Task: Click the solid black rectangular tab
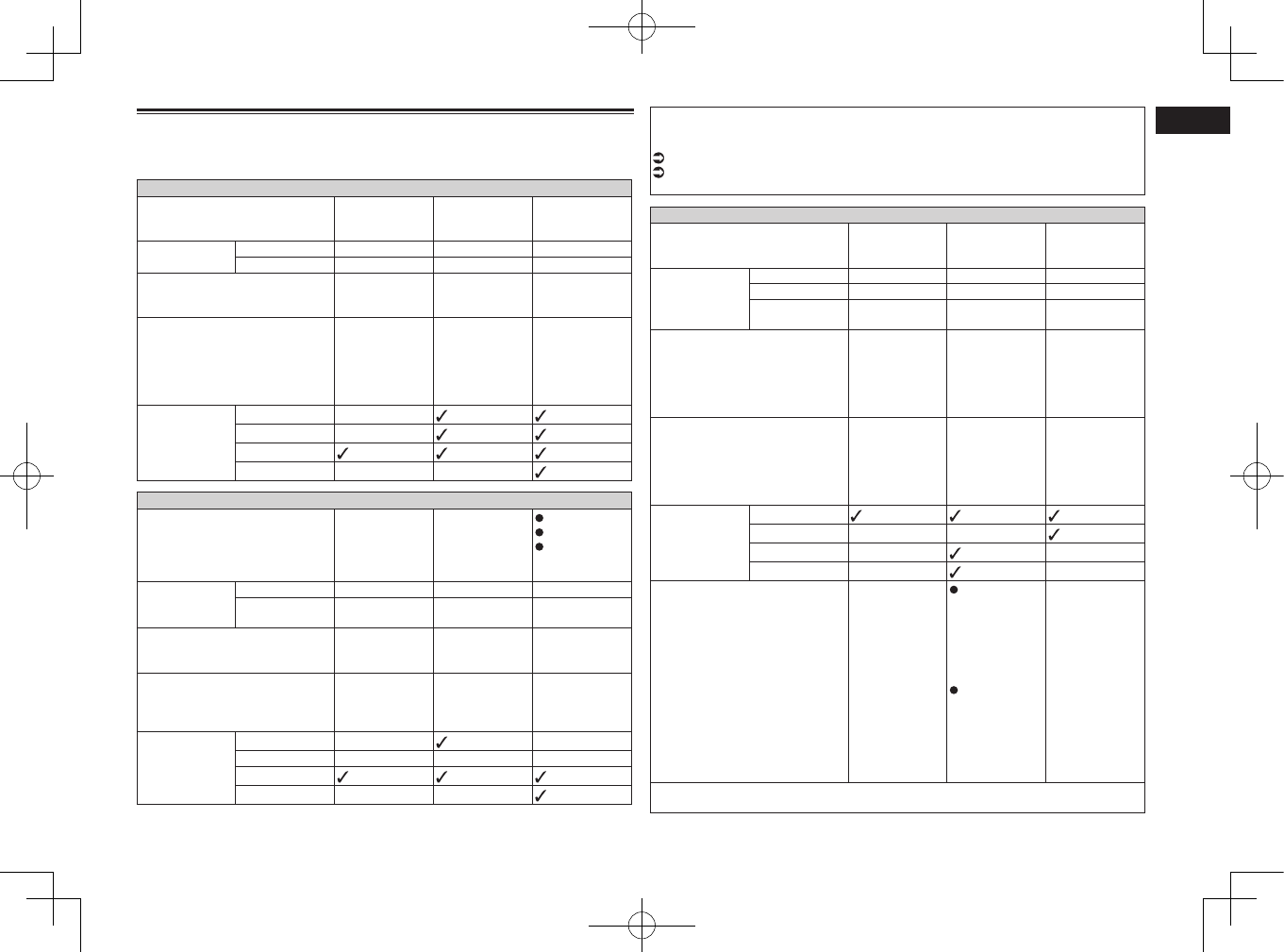point(1192,121)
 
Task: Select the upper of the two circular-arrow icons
point(659,158)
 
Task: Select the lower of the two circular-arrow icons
point(659,172)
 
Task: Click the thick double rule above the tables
point(385,111)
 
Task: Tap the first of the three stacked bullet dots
point(540,517)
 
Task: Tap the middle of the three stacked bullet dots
point(540,532)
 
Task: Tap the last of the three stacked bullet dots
point(540,547)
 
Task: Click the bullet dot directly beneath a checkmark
point(954,591)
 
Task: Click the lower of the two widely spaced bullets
point(954,692)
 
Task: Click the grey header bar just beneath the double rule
point(384,188)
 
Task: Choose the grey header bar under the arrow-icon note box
point(897,215)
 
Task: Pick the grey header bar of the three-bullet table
point(384,500)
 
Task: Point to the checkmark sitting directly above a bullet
point(954,572)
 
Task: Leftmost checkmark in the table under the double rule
point(342,453)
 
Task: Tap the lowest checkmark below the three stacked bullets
point(541,795)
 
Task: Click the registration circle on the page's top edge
point(642,27)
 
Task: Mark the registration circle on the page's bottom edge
point(642,926)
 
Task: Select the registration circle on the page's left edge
point(26,476)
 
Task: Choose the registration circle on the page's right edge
point(1257,476)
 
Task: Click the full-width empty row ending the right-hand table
point(897,797)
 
